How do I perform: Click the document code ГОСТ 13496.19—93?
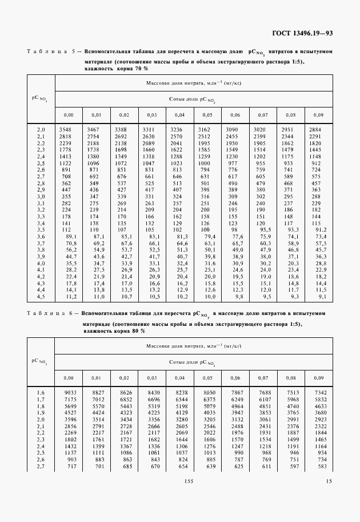[x=305, y=33]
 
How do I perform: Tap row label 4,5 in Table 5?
[x=41, y=297]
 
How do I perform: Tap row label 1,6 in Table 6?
[x=41, y=392]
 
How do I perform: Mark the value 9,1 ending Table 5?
[x=323, y=297]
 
